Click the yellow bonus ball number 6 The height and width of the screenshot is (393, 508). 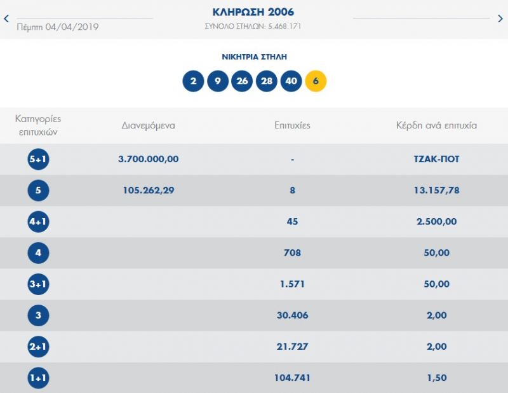pos(316,81)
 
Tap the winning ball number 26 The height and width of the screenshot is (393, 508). pos(242,81)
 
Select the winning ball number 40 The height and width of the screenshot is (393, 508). pos(291,81)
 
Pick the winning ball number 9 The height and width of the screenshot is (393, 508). pos(218,81)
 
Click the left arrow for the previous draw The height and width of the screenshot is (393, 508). pos(6,18)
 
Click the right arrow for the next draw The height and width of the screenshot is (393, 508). pos(500,18)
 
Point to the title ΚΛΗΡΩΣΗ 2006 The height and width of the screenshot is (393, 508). pos(253,12)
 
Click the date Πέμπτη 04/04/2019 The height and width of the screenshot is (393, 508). pos(58,27)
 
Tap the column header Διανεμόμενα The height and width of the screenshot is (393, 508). pos(148,125)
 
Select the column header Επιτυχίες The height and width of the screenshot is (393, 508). pos(292,125)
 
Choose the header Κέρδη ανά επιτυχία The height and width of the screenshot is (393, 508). pos(436,125)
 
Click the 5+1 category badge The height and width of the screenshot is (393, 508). pos(38,159)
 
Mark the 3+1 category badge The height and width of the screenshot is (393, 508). pos(38,284)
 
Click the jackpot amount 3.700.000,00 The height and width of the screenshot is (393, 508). pos(148,159)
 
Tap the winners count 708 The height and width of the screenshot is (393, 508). pos(292,253)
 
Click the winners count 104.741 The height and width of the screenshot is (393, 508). pos(292,378)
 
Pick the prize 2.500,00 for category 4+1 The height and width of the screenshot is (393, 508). pos(436,222)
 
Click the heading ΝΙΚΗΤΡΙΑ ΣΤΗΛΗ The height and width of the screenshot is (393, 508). pos(254,57)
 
